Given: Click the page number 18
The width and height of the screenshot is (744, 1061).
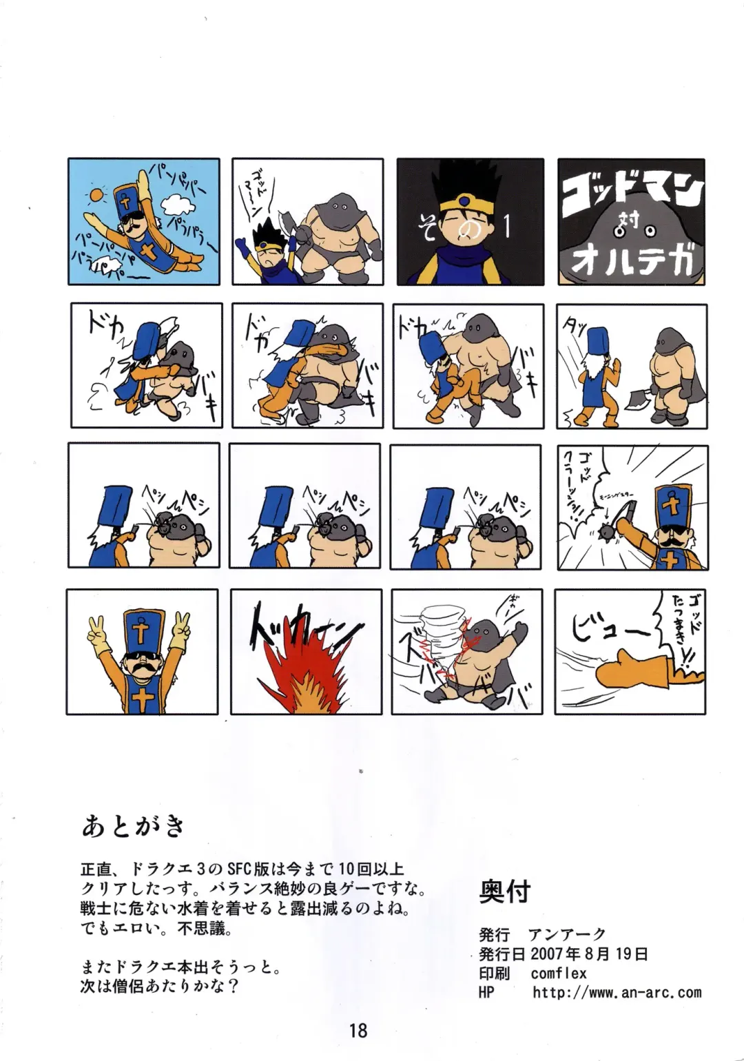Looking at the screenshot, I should pos(358,1031).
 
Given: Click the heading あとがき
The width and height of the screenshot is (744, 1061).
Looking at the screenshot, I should pos(134,825).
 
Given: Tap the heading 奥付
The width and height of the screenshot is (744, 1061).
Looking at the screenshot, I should pos(505,892).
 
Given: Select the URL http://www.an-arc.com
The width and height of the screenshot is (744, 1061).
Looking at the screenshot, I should pos(617,993).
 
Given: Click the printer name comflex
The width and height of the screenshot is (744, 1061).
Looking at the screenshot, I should pos(559,974).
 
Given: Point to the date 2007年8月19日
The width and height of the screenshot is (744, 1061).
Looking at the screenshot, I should pos(589,954).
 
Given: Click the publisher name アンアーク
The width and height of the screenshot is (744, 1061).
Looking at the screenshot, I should pos(566,935).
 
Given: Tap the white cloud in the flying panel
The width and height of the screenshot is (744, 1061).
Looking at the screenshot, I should pos(177,205).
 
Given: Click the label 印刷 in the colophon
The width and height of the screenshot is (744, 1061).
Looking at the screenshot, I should pos(494,974).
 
